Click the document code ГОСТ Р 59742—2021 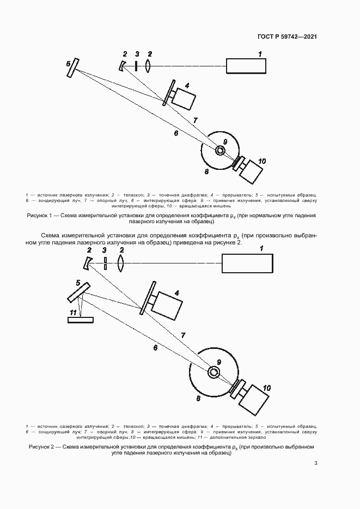[x=287, y=36]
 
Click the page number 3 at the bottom [x=315, y=463]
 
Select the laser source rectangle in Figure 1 [x=247, y=65]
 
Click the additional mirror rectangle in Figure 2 [x=80, y=320]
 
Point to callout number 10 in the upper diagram [x=262, y=161]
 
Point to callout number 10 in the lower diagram [x=267, y=388]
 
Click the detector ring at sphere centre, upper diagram [x=220, y=150]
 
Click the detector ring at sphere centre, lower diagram [x=215, y=372]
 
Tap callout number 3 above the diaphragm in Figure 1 [x=137, y=54]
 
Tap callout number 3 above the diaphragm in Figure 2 [x=105, y=250]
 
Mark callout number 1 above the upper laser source [x=260, y=53]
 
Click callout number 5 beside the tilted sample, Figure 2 [x=78, y=283]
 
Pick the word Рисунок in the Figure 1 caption [x=38, y=216]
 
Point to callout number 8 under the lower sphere [x=198, y=399]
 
